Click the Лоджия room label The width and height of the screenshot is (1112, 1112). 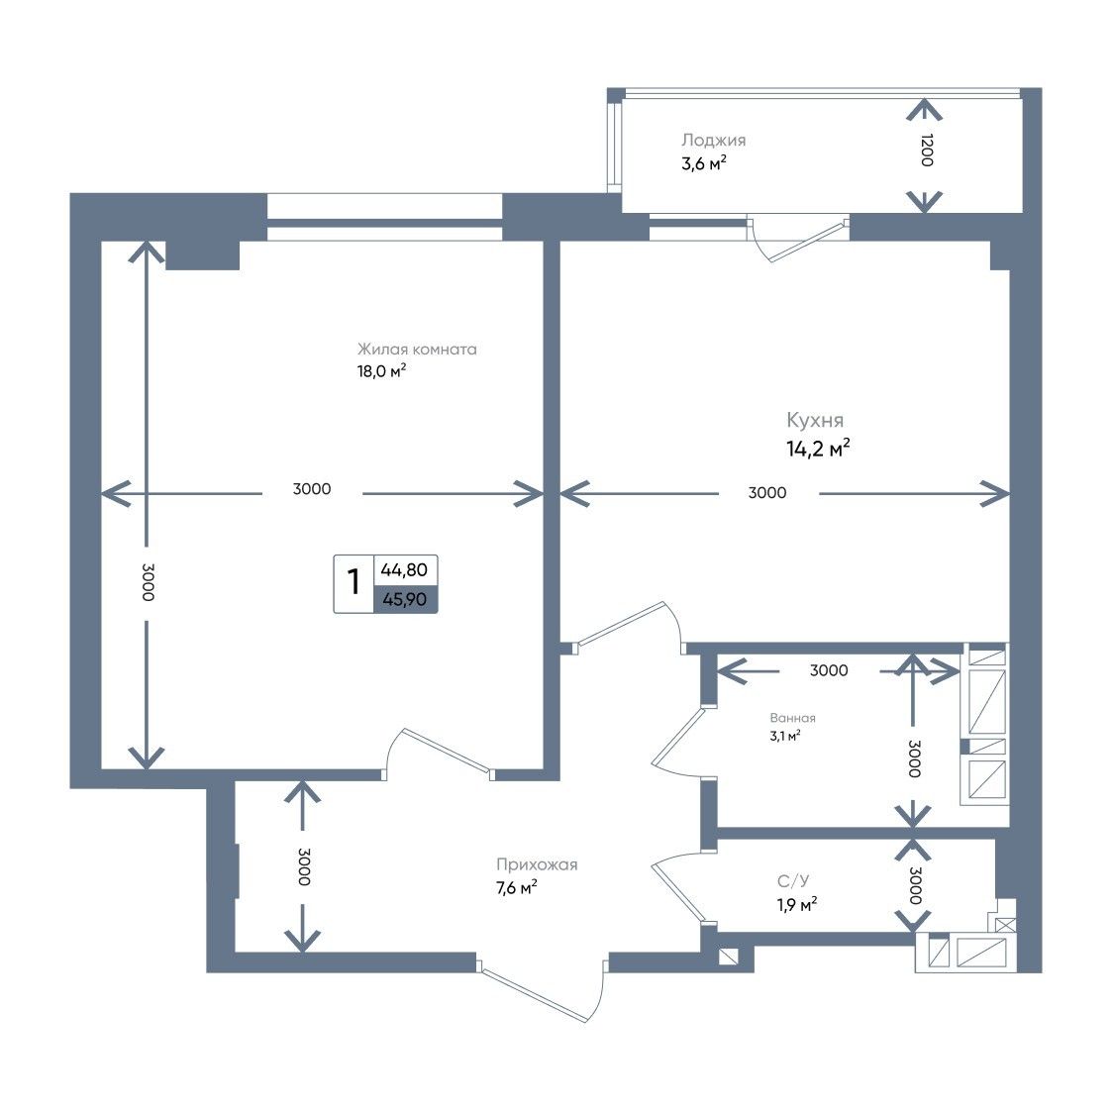coord(713,141)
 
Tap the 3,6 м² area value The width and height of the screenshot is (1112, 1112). coord(704,163)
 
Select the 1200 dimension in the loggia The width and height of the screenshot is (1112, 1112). coord(926,150)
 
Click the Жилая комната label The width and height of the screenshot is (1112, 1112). coord(417,349)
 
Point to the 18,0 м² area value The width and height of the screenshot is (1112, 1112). coord(381,371)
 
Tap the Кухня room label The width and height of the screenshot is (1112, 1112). coord(815,421)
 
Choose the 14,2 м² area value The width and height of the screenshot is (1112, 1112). coord(818,449)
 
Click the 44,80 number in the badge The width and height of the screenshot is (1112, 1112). coord(404,570)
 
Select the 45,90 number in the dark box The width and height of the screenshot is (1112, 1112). coord(405,600)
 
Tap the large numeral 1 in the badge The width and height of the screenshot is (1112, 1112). coord(354,583)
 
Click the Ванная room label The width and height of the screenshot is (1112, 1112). coord(793,719)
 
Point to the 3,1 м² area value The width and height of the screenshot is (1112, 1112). coord(785,736)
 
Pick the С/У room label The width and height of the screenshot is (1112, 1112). coord(793,881)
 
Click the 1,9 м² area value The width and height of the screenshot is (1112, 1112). coord(797,905)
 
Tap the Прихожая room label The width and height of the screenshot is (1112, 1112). coord(537,865)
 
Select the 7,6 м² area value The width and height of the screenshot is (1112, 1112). coord(516,888)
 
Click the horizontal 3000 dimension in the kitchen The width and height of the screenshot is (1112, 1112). coord(767,493)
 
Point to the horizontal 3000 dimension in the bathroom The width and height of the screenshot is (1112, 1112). coord(829,670)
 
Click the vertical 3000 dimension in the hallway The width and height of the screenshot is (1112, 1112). coord(304,866)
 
